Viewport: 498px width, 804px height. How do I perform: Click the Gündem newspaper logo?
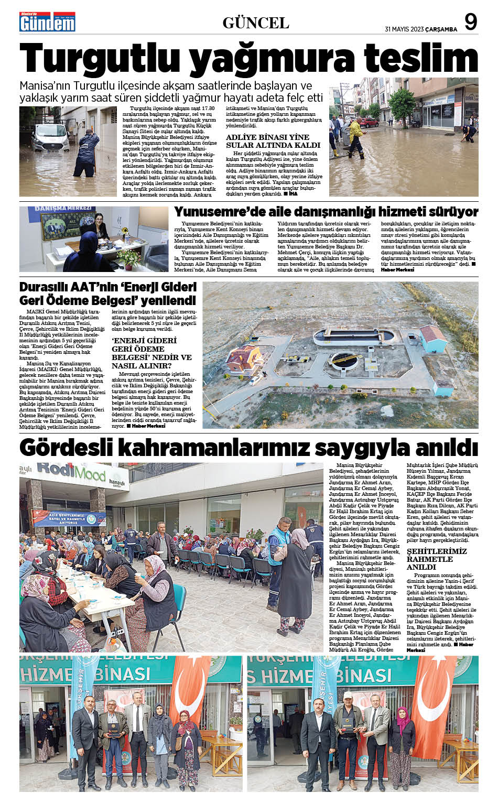[x=47, y=22]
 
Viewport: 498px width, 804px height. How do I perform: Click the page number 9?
[x=471, y=23]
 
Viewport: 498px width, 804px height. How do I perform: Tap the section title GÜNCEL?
[x=256, y=23]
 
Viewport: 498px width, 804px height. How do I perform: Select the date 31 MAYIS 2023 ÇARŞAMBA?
[x=420, y=29]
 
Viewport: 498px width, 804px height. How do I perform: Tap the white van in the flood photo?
[x=50, y=137]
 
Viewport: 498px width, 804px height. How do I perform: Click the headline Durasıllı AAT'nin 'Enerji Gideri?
[x=107, y=287]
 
